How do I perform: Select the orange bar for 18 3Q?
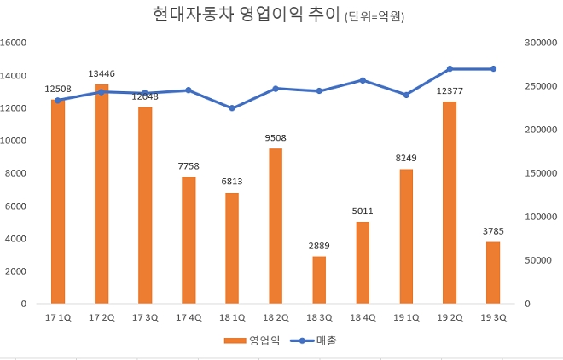[x=319, y=280]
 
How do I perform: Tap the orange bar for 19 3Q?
[x=493, y=272]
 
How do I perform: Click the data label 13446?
[x=102, y=73]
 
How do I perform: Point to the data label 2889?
[x=319, y=246]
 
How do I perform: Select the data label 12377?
[x=450, y=90]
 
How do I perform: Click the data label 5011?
[x=363, y=211]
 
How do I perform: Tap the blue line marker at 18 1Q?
[x=232, y=108]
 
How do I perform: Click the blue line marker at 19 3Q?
[x=493, y=69]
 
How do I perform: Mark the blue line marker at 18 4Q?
[x=363, y=80]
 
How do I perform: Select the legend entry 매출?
[x=316, y=340]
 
